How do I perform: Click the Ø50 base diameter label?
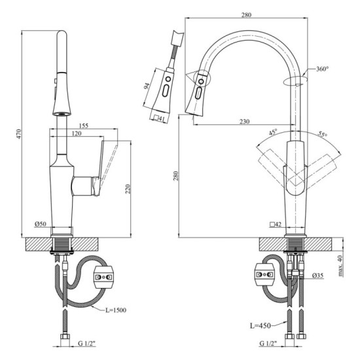click(x=42, y=225)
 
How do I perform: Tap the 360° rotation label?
click(x=322, y=69)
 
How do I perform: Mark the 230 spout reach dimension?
click(x=244, y=122)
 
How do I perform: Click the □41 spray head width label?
click(x=158, y=118)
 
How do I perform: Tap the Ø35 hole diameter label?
click(x=319, y=275)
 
